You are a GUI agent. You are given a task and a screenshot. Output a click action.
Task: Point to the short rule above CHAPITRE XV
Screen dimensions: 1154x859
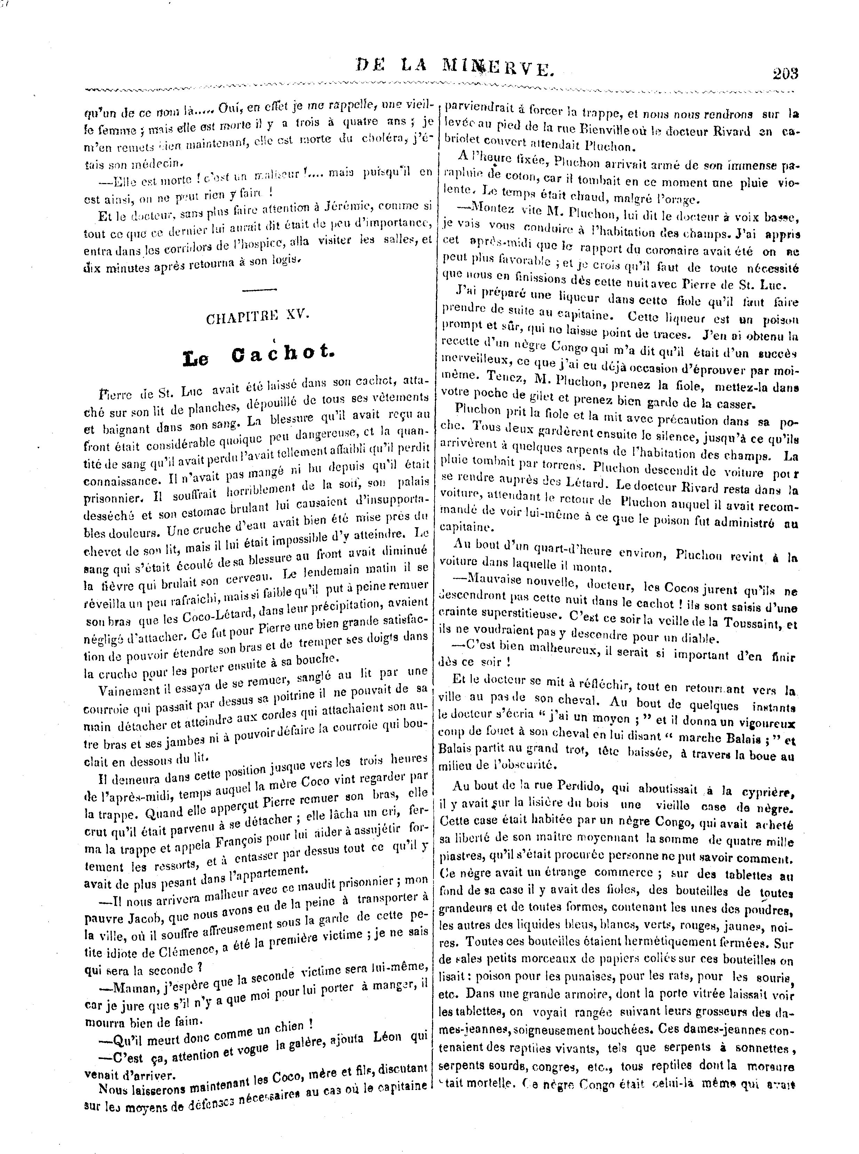point(259,290)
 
